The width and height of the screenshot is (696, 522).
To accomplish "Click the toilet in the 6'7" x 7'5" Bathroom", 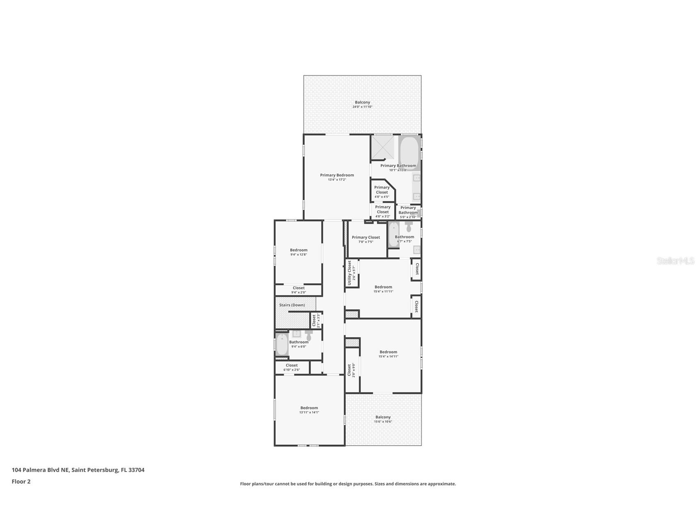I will (408, 227).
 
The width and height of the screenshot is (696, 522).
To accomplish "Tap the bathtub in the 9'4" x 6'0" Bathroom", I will (282, 345).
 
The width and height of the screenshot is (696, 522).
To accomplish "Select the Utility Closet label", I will (349, 272).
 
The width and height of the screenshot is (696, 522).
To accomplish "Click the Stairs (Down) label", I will (292, 305).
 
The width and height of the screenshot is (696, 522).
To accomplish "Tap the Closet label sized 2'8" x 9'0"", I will (349, 370).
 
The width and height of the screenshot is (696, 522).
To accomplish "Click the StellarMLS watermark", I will (675, 261).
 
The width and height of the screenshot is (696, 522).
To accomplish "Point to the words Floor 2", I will (21, 482).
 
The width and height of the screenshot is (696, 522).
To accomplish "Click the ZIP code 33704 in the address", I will (136, 470).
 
